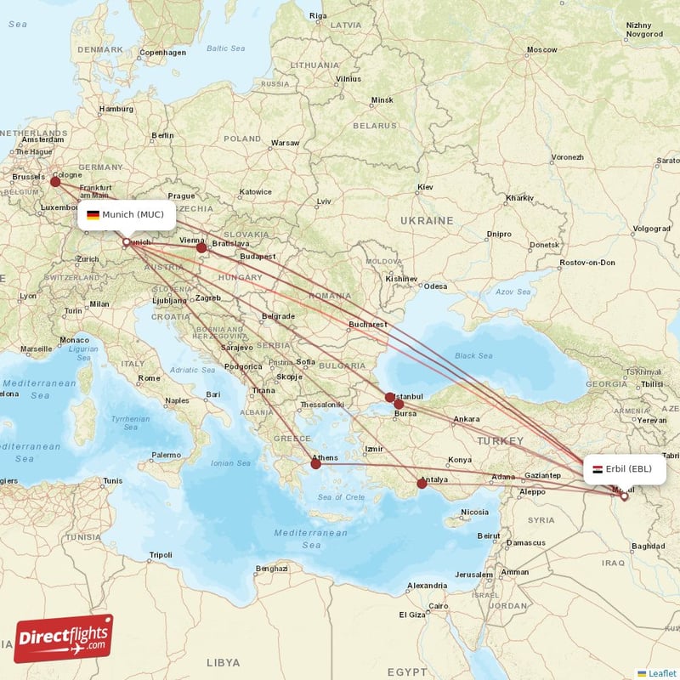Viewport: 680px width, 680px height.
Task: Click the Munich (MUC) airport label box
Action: (127, 215)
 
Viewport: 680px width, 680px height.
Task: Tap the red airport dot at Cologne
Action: (55, 181)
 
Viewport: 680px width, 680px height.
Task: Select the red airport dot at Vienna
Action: (201, 247)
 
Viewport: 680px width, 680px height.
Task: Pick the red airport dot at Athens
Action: (315, 464)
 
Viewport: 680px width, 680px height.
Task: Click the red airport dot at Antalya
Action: (422, 483)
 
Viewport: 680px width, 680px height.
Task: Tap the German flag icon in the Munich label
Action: (93, 215)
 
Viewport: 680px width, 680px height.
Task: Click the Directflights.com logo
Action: (64, 637)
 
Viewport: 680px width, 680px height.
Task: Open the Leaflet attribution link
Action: (661, 673)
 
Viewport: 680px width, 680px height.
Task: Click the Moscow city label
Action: (541, 50)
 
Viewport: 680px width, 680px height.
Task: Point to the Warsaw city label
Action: (286, 143)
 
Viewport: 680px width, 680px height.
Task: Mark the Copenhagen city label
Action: (162, 52)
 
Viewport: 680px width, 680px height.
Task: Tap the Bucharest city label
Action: (367, 324)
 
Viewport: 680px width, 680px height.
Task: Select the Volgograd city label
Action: (650, 228)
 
